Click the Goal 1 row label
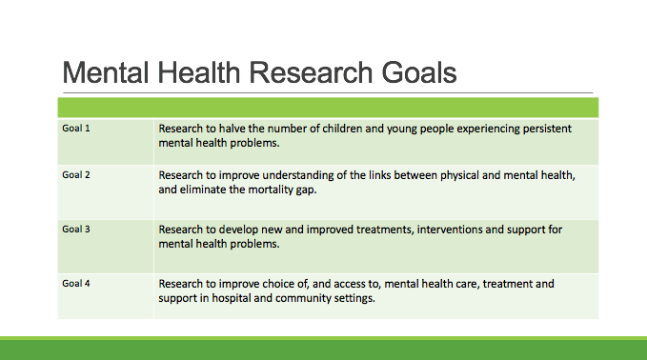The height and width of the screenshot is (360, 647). (x=76, y=128)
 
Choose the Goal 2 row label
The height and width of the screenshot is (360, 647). (x=76, y=176)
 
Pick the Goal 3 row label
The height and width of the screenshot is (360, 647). (x=76, y=230)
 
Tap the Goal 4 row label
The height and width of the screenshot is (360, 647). (x=76, y=284)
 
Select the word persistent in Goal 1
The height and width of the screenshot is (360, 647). (x=543, y=129)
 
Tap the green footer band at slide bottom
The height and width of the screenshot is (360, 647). (x=323, y=349)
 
